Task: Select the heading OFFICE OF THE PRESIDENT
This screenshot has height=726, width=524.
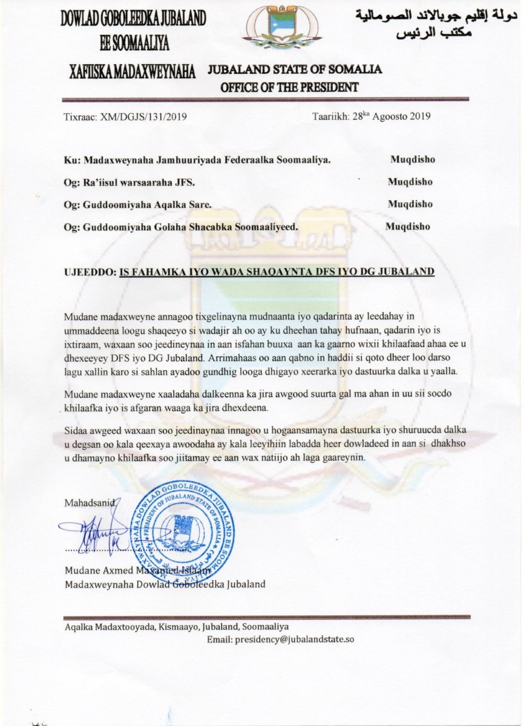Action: (x=289, y=87)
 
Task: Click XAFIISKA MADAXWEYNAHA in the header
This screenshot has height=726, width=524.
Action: (x=131, y=72)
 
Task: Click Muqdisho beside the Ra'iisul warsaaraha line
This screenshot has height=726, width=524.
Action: (x=410, y=181)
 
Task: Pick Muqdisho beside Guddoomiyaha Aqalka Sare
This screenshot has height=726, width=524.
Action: (x=410, y=204)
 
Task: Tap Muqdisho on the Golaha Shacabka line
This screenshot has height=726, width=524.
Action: (x=408, y=227)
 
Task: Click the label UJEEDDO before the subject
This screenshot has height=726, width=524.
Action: (x=89, y=272)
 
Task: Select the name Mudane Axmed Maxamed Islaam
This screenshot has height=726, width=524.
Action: (x=138, y=571)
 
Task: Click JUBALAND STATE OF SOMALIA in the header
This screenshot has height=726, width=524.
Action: (x=295, y=69)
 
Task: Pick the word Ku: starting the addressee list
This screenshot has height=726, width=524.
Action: (x=71, y=160)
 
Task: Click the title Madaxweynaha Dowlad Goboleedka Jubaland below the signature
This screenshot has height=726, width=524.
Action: (x=165, y=584)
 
